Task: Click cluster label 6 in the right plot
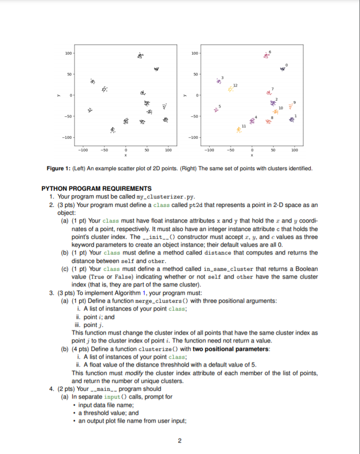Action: click(270, 50)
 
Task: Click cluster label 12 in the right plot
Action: click(236, 84)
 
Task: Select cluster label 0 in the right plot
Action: click(287, 64)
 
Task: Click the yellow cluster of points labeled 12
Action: click(230, 90)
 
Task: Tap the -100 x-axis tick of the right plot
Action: click(208, 149)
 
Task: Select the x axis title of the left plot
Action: click(125, 155)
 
